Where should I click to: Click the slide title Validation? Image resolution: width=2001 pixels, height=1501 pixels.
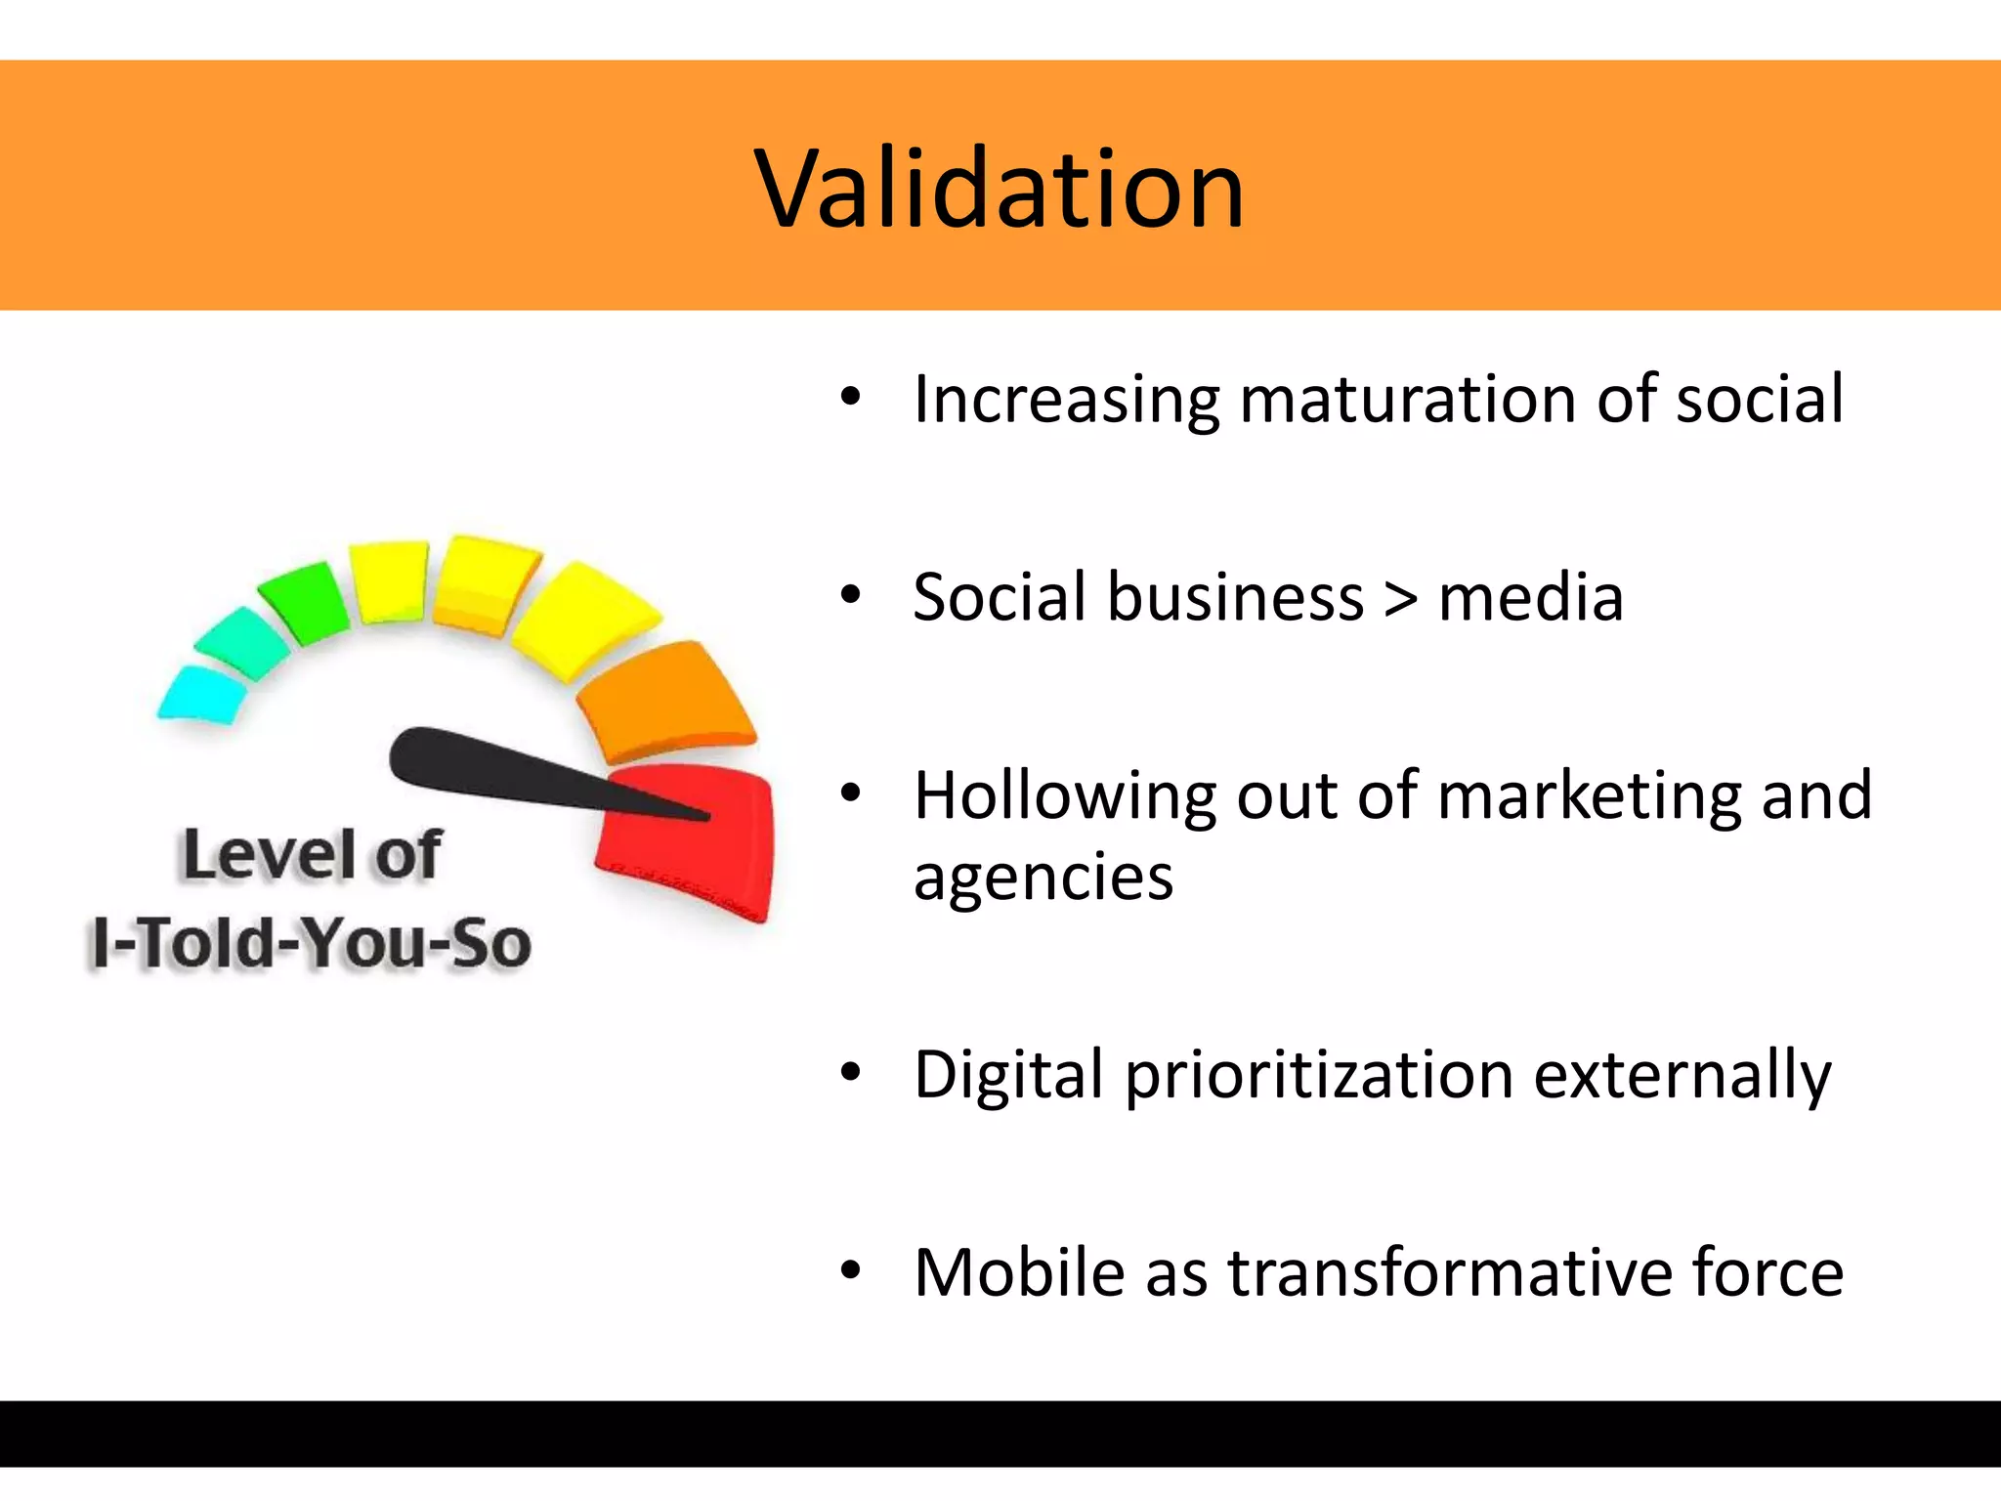click(1000, 189)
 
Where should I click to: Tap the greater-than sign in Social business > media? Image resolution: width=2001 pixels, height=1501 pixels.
click(1400, 598)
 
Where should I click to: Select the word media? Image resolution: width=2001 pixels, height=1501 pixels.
click(1531, 598)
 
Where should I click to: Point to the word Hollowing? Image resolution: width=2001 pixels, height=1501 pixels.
click(1064, 796)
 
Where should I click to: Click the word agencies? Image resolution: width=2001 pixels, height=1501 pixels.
click(1043, 878)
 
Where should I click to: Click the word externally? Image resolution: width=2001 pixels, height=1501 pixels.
click(1682, 1076)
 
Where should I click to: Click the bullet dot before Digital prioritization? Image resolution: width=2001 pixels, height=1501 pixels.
click(850, 1073)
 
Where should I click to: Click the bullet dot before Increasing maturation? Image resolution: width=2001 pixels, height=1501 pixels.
click(850, 397)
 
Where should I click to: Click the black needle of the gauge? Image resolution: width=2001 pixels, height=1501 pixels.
click(508, 772)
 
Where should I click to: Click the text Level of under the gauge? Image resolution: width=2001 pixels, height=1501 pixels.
click(311, 856)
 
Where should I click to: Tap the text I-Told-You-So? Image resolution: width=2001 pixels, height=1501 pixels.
click(311, 944)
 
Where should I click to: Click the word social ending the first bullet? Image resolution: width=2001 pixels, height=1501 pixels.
click(1760, 400)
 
